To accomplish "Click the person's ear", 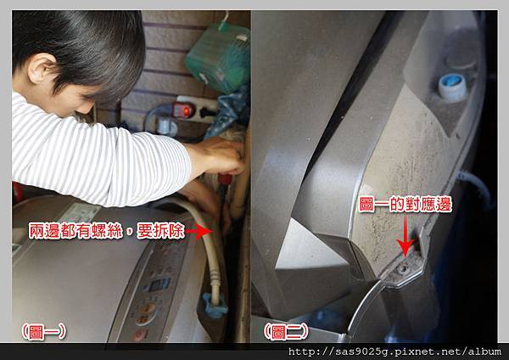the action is click(42, 69).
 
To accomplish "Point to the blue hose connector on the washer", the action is click(214, 305).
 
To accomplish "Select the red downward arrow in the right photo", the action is click(406, 236).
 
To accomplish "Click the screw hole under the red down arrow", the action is click(402, 268).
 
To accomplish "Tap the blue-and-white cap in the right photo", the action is click(452, 87).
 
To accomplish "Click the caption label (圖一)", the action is click(43, 331).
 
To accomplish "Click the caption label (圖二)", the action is click(285, 331).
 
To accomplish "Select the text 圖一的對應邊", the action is click(406, 205).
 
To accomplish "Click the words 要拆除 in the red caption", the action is click(160, 231).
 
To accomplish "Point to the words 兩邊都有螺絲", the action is click(76, 231).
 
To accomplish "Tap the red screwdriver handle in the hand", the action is click(225, 178).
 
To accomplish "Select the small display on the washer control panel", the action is click(159, 285).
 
